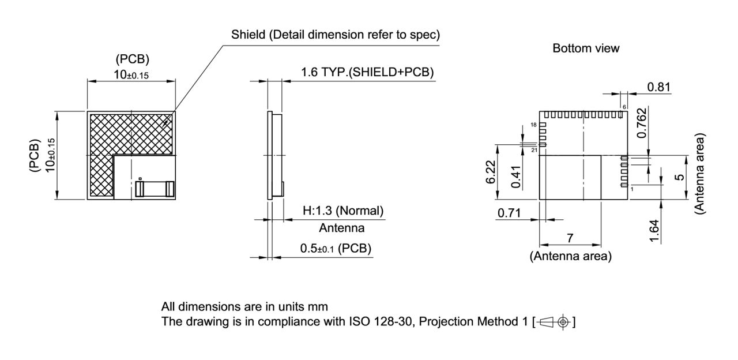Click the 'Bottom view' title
pos(586,48)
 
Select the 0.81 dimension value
pos(658,88)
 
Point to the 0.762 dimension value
pos(641,123)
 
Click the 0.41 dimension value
pos(517,177)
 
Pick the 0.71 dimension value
pos(509,213)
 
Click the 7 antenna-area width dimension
pos(570,238)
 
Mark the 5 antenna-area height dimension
pos(680,177)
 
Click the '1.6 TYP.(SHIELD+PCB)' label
pos(367,73)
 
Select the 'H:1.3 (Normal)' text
pos(342,211)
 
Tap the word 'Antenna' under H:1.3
pos(341,228)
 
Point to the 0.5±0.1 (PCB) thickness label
pos(336,249)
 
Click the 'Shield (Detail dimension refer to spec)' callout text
pos(336,35)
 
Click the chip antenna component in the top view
pos(155,189)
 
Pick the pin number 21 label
pos(534,150)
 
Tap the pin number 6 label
pos(624,107)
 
